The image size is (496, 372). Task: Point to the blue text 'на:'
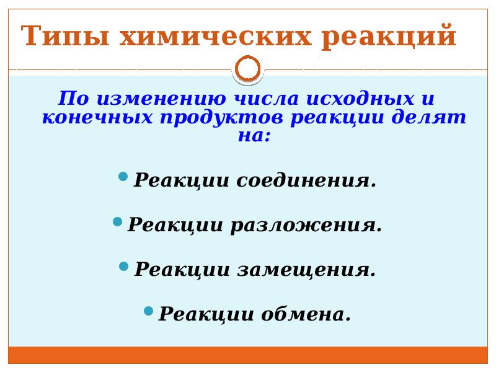(x=254, y=136)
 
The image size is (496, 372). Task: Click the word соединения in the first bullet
(x=307, y=181)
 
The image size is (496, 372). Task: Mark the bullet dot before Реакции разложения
(x=117, y=221)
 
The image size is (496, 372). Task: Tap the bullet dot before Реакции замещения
(x=123, y=266)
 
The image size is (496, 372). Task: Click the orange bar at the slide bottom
(x=248, y=355)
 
